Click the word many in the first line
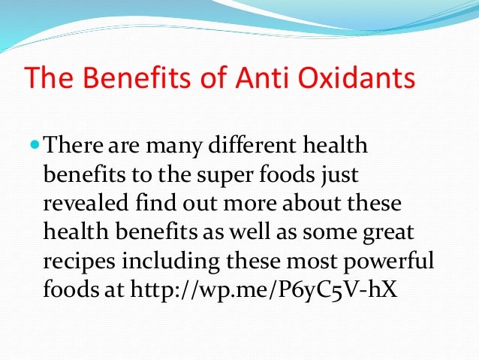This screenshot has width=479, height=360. [x=165, y=143]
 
